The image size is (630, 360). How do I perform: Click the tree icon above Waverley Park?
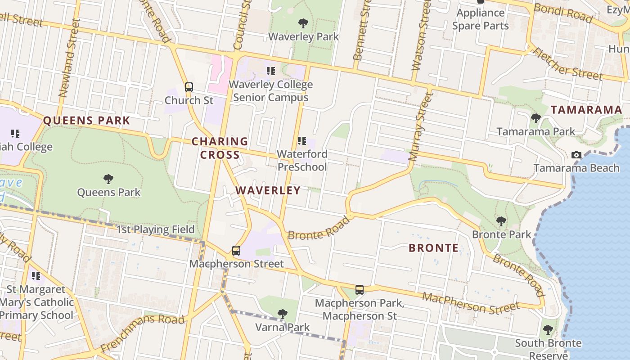coord(303,23)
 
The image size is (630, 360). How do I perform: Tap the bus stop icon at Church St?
coord(189,87)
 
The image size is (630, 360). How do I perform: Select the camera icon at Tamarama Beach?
coord(576,155)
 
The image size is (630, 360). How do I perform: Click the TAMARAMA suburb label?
coord(586,110)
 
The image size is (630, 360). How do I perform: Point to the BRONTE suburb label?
coord(433,248)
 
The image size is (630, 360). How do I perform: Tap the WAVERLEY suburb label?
coord(268,190)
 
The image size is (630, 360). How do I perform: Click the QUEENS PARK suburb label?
coord(86,121)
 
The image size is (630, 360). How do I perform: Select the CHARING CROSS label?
coord(220,148)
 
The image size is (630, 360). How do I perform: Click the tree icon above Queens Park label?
coord(108,179)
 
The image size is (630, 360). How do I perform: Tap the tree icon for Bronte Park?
coord(501,221)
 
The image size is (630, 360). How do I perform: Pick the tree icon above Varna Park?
coord(282,314)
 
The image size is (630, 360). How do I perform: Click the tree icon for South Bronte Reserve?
coord(548,330)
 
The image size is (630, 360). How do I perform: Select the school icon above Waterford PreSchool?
coord(302,141)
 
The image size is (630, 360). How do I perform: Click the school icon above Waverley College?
coord(270,71)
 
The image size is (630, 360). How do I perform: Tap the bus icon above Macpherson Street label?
coord(236,251)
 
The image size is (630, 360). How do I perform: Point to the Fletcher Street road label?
coord(567,63)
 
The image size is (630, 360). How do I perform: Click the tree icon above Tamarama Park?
coord(535,118)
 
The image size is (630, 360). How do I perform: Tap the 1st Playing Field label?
coord(155,229)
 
